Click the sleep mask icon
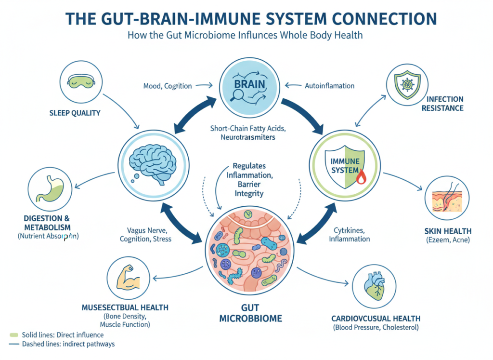pos(79,80)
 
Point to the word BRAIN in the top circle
pos(249,84)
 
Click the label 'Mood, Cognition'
pos(168,86)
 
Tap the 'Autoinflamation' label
pos(330,86)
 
